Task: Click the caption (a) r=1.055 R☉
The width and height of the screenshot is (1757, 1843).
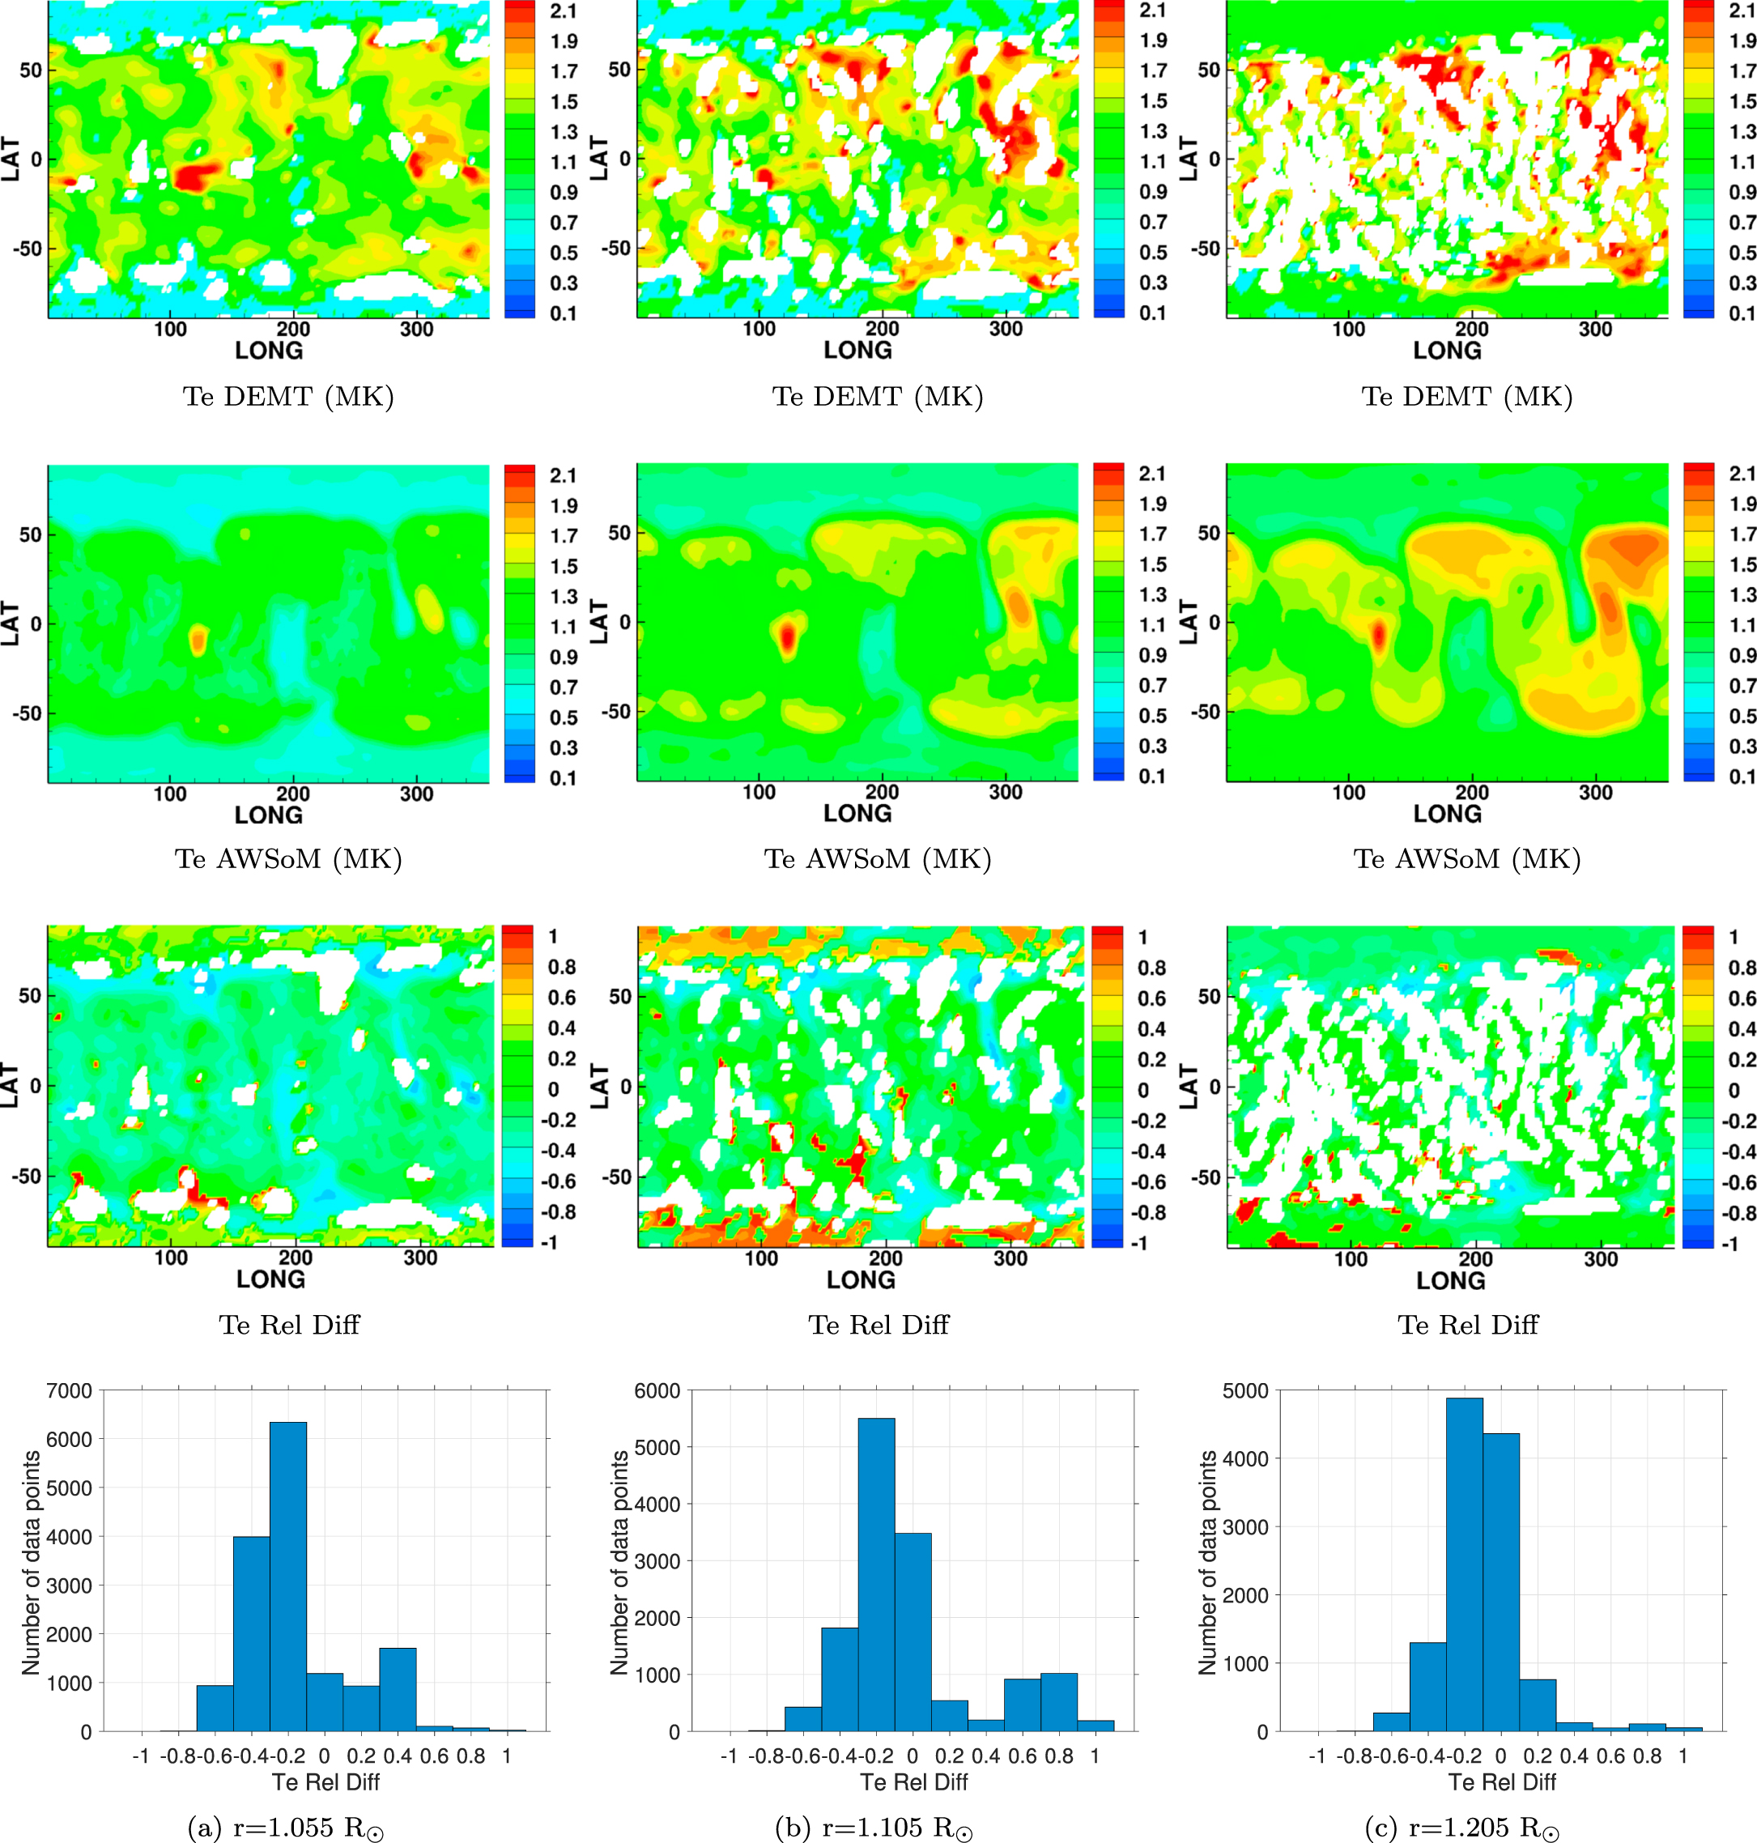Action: point(286,1826)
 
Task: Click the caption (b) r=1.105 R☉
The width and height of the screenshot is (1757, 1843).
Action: point(874,1826)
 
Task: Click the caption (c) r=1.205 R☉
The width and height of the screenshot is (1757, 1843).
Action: point(1462,1826)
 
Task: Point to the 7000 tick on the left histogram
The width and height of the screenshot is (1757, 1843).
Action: point(70,1390)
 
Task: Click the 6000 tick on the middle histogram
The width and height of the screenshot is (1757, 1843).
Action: point(657,1390)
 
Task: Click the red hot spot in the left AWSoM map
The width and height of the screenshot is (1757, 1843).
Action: point(198,641)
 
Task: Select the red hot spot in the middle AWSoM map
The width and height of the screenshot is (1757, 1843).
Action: point(788,636)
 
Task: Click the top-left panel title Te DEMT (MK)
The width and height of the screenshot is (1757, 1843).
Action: point(288,396)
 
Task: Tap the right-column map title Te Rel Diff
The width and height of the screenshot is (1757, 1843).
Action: point(1468,1324)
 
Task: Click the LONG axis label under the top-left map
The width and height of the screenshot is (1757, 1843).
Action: point(269,351)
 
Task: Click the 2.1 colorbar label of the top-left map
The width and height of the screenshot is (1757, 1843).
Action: point(564,11)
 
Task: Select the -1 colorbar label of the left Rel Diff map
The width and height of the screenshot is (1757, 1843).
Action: point(550,1243)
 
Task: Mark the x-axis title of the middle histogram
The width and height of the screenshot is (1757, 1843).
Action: point(913,1782)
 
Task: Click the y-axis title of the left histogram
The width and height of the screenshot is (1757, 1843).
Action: point(31,1562)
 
